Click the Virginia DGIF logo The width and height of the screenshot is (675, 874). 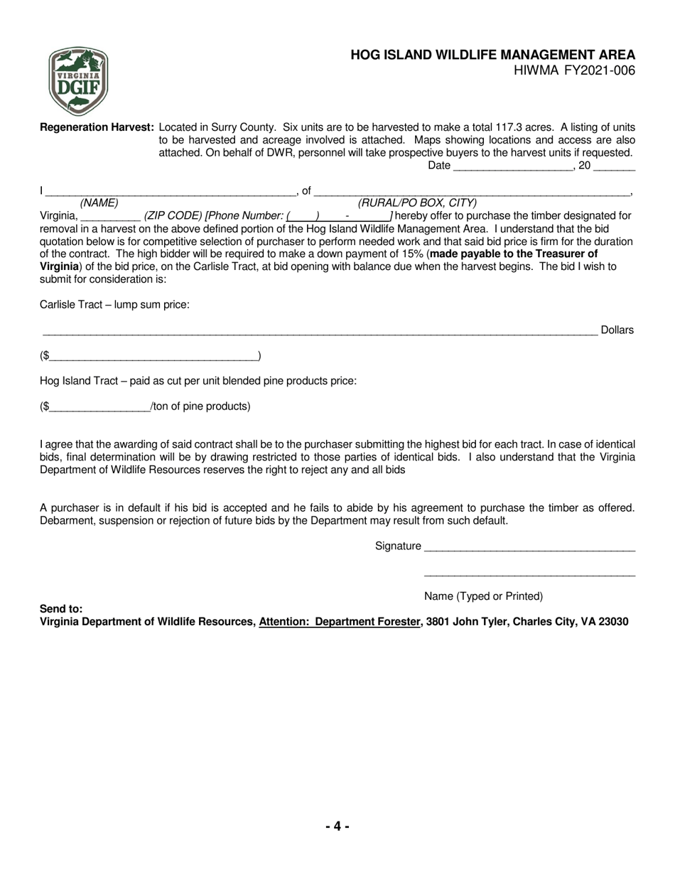click(78, 82)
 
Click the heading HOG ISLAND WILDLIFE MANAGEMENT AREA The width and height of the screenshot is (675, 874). click(492, 55)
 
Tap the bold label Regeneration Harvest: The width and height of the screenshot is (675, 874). click(97, 127)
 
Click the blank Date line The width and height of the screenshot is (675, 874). click(512, 167)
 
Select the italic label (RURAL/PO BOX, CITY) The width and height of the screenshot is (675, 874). click(417, 203)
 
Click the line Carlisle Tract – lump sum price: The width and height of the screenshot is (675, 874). click(114, 305)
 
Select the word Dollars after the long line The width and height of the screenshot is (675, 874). click(617, 330)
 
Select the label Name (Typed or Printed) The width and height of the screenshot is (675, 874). click(483, 596)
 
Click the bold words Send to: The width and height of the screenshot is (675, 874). click(61, 609)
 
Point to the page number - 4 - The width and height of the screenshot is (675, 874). click(337, 826)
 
